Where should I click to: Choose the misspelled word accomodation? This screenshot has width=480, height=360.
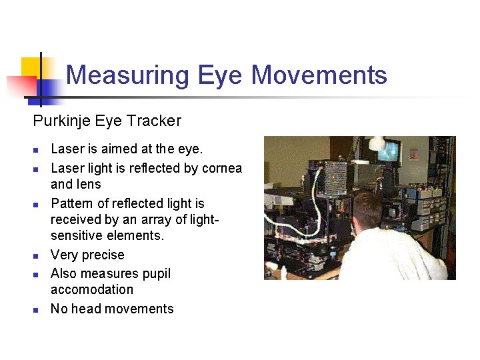92,289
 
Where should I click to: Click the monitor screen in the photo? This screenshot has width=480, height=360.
389,151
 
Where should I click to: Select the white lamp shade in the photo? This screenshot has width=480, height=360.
377,142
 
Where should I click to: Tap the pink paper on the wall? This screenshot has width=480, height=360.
413,153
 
